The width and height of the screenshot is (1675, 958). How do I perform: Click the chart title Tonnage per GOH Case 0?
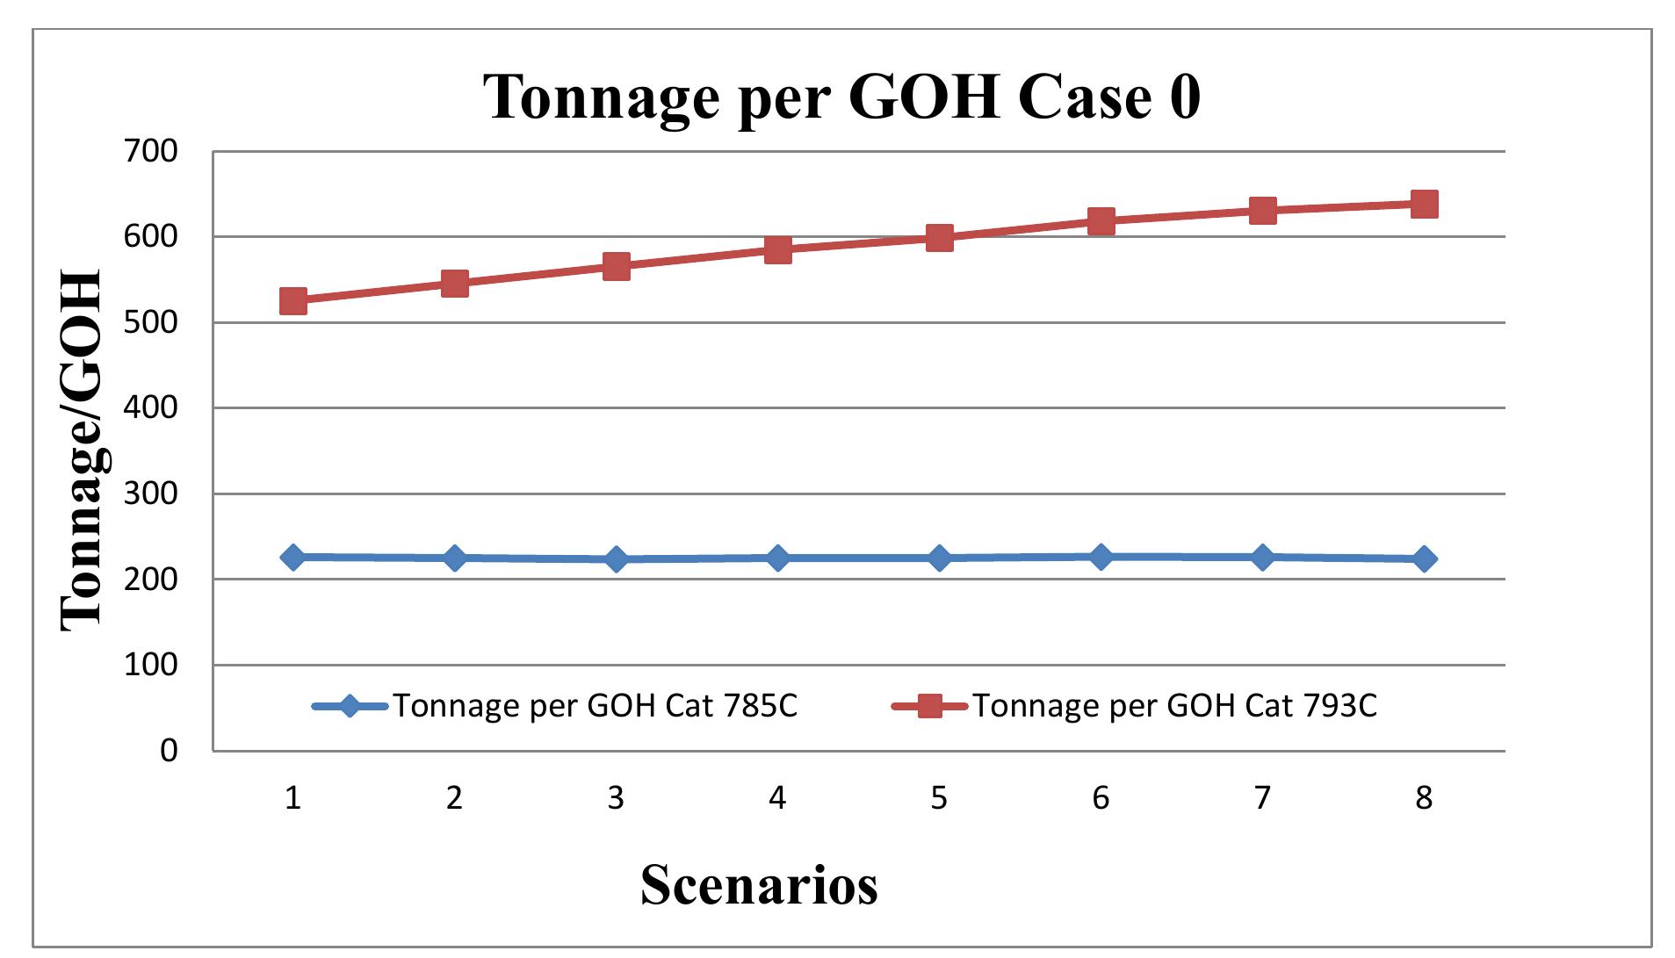pyautogui.click(x=841, y=96)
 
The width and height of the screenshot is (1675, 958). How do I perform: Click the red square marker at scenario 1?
pyautogui.click(x=292, y=301)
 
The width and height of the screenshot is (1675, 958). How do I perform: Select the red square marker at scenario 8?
pyautogui.click(x=1424, y=205)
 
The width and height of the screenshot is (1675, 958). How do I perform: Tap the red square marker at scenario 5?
pyautogui.click(x=939, y=237)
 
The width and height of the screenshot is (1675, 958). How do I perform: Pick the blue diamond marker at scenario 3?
pyautogui.click(x=616, y=559)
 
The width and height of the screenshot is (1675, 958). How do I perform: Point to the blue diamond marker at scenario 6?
pyautogui.click(x=1101, y=557)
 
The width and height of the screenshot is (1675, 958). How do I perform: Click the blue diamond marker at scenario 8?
pyautogui.click(x=1424, y=559)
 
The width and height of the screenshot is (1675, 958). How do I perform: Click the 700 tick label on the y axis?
pyautogui.click(x=151, y=151)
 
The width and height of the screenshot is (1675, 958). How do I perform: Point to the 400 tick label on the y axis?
pyautogui.click(x=151, y=408)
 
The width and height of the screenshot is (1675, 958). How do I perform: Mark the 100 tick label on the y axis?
pyautogui.click(x=151, y=666)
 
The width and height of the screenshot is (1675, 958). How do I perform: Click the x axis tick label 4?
pyautogui.click(x=777, y=798)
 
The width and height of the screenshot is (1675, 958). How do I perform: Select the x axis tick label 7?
pyautogui.click(x=1262, y=798)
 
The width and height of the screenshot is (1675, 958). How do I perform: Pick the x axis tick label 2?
pyautogui.click(x=454, y=798)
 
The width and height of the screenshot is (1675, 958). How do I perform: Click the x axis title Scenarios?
pyautogui.click(x=759, y=884)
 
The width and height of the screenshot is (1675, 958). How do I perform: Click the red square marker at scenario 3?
pyautogui.click(x=616, y=266)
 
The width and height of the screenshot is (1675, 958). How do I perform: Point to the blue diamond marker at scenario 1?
pyautogui.click(x=292, y=558)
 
